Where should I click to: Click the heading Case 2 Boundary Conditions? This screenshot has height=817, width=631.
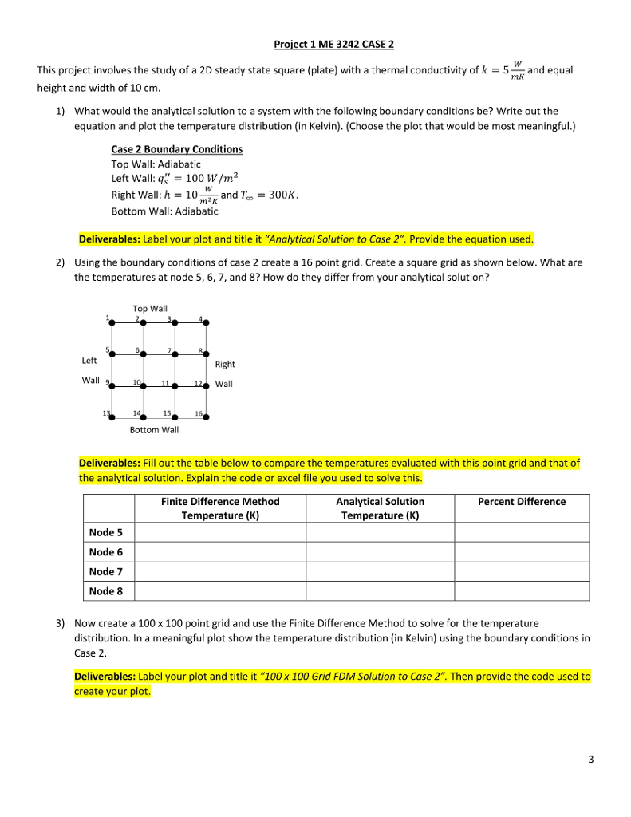point(176,149)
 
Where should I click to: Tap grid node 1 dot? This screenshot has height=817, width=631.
point(112,323)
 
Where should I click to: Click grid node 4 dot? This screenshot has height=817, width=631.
point(207,323)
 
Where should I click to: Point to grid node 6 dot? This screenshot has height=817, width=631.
point(144,354)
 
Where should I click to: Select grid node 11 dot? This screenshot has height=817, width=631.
point(175,385)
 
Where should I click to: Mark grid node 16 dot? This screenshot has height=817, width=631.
point(207,416)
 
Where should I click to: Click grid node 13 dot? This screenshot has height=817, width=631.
point(112,416)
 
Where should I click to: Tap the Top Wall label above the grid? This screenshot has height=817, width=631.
point(150,309)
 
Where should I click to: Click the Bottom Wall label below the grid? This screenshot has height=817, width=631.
point(154,430)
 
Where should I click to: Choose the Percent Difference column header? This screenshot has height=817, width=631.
point(521,502)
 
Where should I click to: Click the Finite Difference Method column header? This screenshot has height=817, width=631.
point(220,508)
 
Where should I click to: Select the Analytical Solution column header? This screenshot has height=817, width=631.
point(380,508)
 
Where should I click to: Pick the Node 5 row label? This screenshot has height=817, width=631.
point(106,532)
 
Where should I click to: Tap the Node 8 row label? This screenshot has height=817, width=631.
point(106,590)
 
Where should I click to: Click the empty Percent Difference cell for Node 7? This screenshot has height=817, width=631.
point(521,571)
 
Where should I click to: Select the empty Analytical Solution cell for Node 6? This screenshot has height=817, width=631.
point(380,552)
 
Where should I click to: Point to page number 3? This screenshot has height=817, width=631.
point(591,760)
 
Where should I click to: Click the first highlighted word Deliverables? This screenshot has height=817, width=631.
point(109,239)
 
